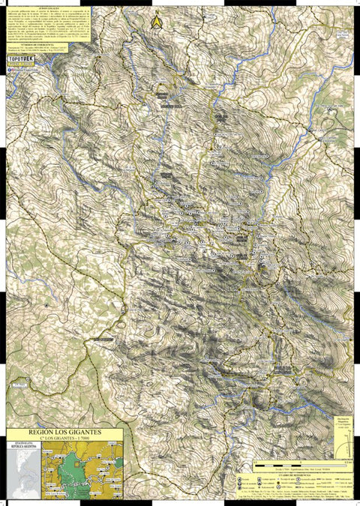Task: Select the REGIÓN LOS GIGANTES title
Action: [x=64, y=433]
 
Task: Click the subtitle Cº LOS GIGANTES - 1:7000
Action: [x=64, y=440]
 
